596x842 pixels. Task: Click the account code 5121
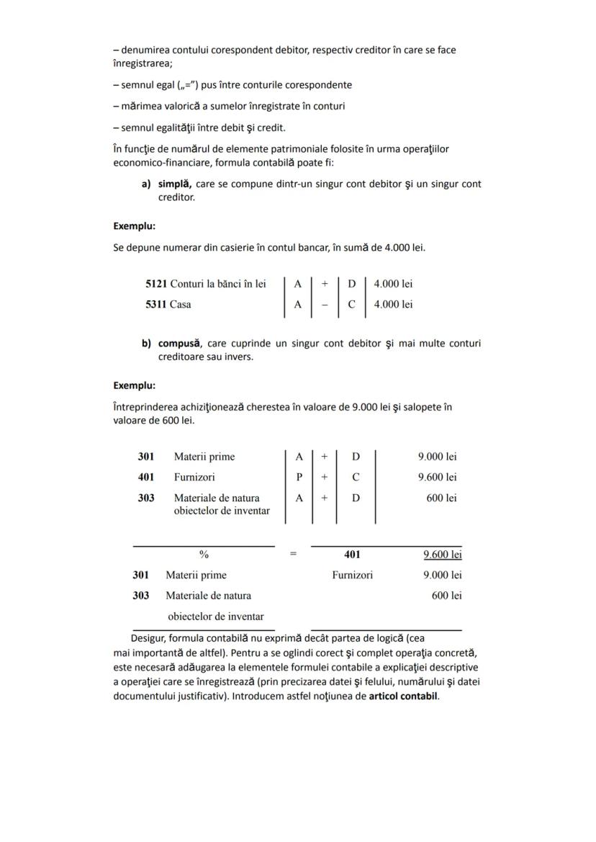click(x=156, y=284)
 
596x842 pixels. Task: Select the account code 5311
click(x=156, y=304)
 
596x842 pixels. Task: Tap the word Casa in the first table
click(x=180, y=304)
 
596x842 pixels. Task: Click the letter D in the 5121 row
click(x=351, y=284)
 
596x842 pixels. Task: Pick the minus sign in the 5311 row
click(x=325, y=304)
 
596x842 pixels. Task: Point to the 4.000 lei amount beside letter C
click(x=393, y=304)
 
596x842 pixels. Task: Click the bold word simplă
click(x=174, y=184)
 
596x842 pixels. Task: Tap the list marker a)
click(x=146, y=184)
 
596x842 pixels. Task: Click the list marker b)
click(x=146, y=343)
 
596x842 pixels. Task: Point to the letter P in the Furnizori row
click(x=299, y=477)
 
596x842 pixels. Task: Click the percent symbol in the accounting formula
click(x=204, y=555)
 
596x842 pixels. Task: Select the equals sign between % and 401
click(x=293, y=555)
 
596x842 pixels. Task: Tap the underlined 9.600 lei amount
click(x=442, y=555)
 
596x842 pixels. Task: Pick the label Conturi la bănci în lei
click(x=217, y=284)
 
